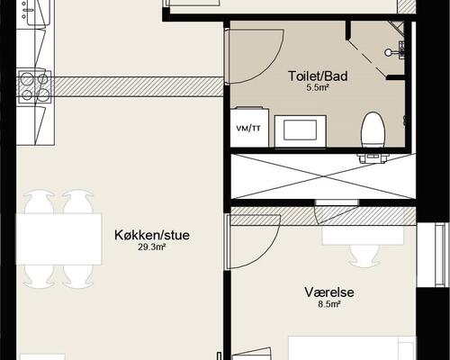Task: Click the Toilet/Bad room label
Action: tap(318, 76)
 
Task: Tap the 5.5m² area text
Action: tap(318, 88)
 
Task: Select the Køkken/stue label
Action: tap(152, 235)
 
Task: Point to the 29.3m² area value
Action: tap(152, 247)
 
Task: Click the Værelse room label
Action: tap(329, 292)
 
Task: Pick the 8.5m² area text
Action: tap(329, 304)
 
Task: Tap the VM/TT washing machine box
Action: tap(249, 127)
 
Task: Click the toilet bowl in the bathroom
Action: tap(373, 130)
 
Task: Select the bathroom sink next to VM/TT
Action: tap(301, 131)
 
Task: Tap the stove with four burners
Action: tap(35, 86)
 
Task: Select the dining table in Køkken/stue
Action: tap(58, 238)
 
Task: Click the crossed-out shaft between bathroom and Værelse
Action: tap(323, 176)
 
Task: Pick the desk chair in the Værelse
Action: tap(364, 255)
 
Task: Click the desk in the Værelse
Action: tap(364, 236)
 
